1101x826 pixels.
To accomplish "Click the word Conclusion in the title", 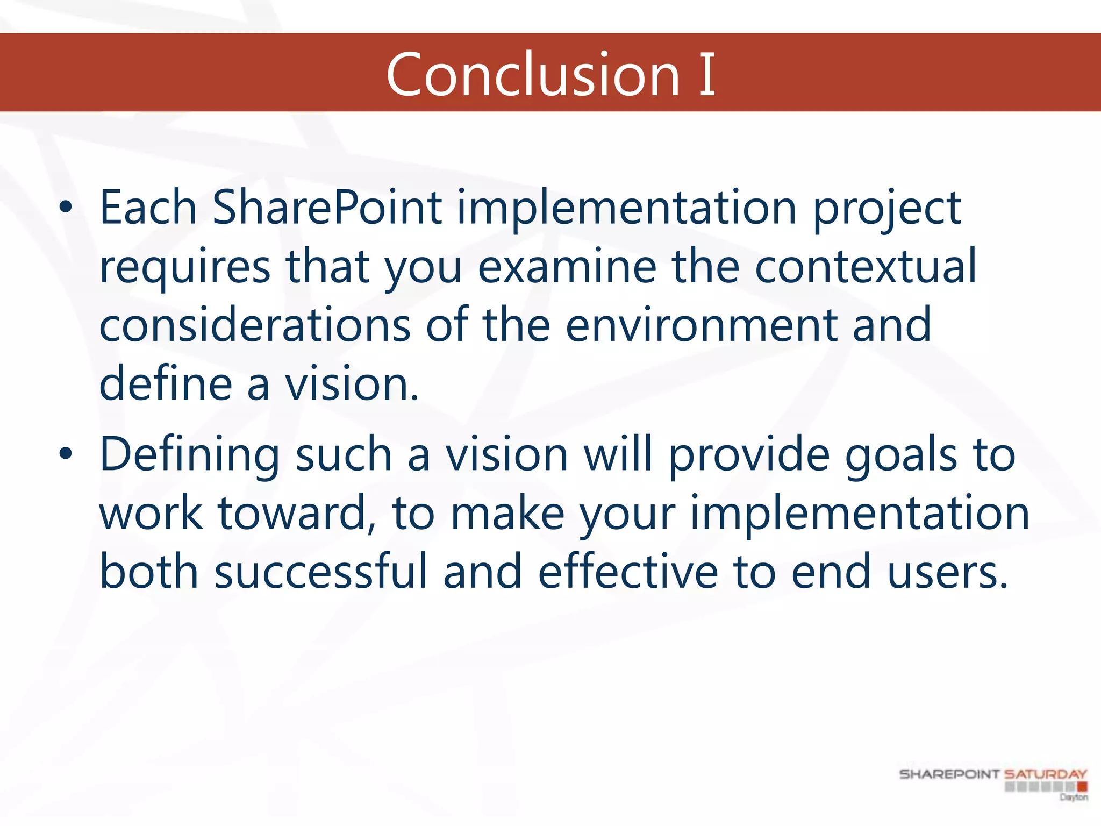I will [x=533, y=75].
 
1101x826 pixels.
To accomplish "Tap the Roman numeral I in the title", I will [x=707, y=75].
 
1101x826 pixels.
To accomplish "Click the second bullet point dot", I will [x=66, y=454].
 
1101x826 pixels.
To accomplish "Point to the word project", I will [x=886, y=210].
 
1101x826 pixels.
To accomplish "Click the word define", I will [x=166, y=383].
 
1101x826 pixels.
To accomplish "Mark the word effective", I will [x=627, y=571].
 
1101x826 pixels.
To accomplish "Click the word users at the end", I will [x=947, y=572].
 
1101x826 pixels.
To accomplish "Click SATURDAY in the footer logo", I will [x=1046, y=774].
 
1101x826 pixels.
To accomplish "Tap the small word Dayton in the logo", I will [x=1074, y=797].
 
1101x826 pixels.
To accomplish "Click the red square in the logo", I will [x=1082, y=787].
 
